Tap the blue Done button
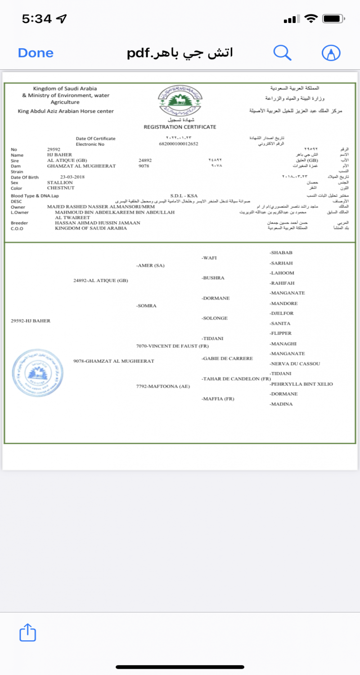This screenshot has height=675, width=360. (36, 53)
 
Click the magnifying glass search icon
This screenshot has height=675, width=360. (283, 53)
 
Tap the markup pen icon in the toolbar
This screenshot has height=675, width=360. (331, 53)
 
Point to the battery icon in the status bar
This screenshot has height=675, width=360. (333, 19)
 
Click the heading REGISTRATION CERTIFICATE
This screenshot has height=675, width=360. (180, 127)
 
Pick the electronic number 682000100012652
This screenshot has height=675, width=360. (179, 144)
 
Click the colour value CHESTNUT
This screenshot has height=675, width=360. (60, 188)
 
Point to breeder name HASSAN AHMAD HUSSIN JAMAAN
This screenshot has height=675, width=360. (97, 223)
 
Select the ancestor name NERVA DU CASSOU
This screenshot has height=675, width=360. (295, 364)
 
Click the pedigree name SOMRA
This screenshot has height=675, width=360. (146, 306)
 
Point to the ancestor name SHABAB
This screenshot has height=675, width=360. (281, 252)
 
